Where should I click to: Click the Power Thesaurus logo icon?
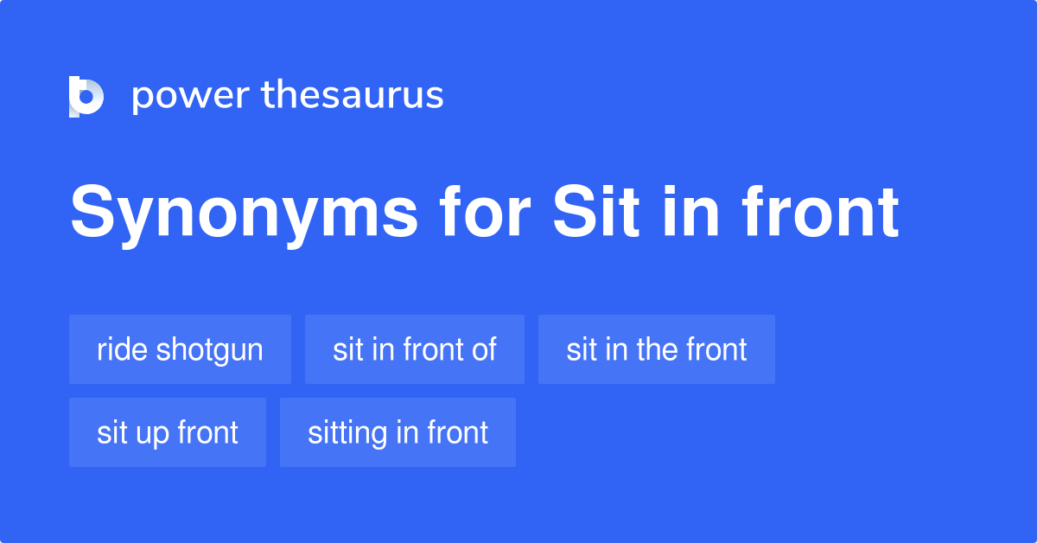click(86, 96)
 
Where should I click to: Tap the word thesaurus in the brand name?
click(353, 96)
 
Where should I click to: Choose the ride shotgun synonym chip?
click(180, 349)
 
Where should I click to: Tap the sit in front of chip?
click(415, 349)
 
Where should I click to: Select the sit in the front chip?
click(657, 349)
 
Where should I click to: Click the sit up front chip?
click(168, 432)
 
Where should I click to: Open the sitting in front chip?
click(398, 432)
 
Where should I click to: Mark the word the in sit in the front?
click(657, 349)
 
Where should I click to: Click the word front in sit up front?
click(208, 432)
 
